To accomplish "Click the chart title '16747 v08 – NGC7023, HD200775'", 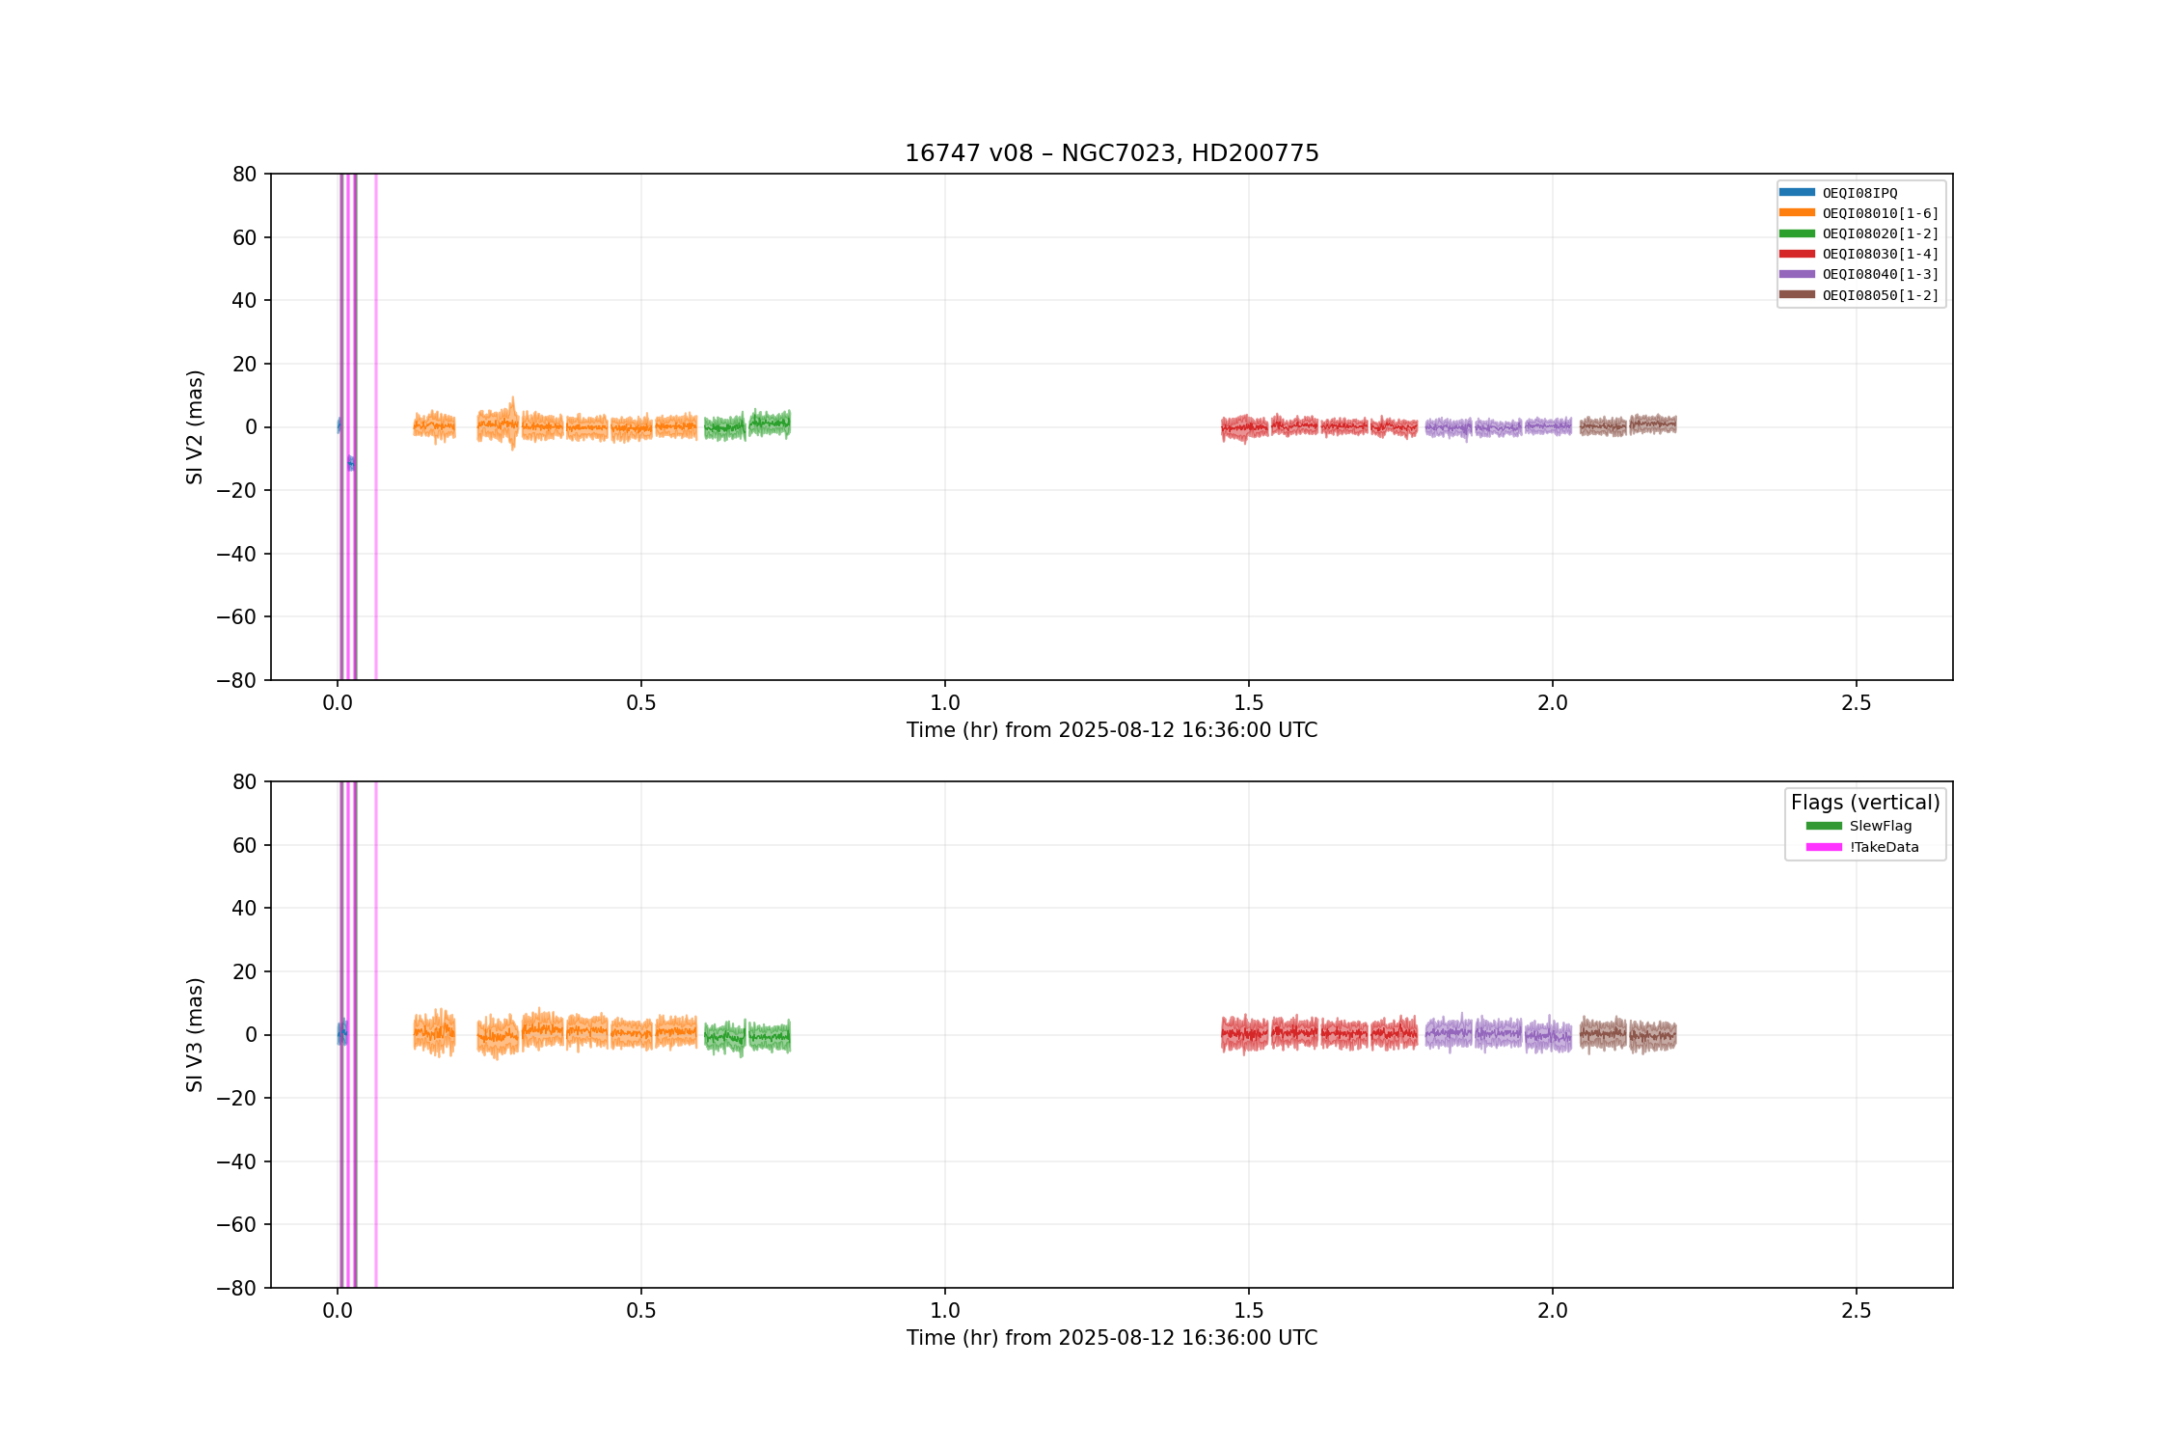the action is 1111,153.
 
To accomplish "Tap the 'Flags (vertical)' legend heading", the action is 1865,803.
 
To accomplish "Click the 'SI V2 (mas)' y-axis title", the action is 195,427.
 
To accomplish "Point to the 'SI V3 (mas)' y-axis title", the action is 195,1035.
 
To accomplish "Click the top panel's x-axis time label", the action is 1111,730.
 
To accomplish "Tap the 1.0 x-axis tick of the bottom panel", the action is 945,1311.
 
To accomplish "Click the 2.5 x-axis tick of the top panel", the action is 1856,703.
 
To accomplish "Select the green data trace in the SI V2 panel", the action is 747,424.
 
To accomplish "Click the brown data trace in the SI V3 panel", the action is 1628,1035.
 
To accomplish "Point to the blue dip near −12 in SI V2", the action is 351,463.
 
